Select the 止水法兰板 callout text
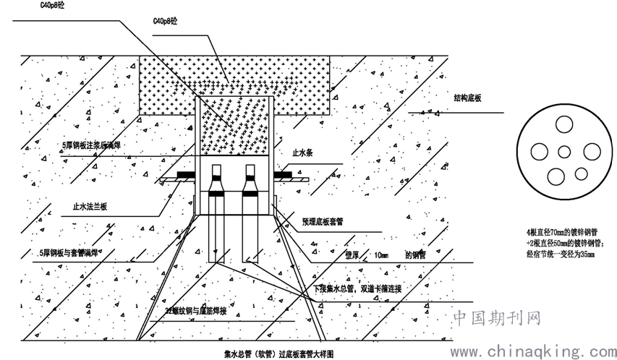[90, 207]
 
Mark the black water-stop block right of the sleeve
[283, 174]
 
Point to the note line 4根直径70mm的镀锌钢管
[565, 233]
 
